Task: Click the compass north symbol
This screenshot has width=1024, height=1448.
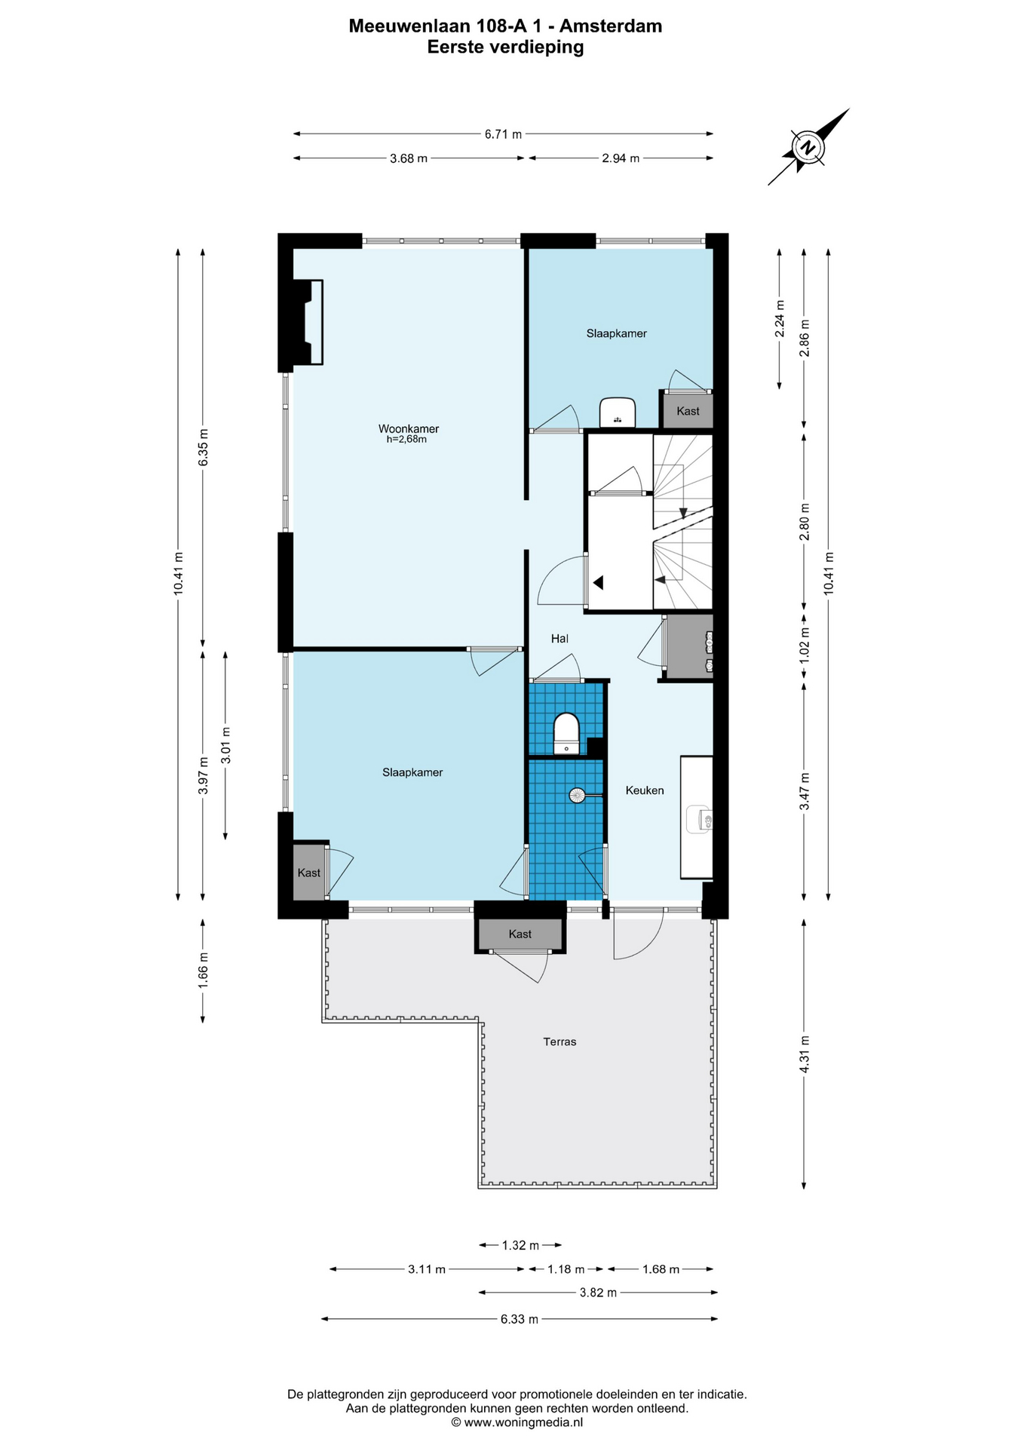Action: pyautogui.click(x=808, y=146)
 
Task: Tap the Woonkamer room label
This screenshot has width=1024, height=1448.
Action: pyautogui.click(x=408, y=428)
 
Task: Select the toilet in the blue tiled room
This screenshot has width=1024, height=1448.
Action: pyautogui.click(x=566, y=732)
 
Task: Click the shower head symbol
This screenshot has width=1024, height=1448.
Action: pyautogui.click(x=577, y=794)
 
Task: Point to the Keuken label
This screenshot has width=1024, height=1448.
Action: pyautogui.click(x=645, y=790)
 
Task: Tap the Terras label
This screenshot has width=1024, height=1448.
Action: pyautogui.click(x=560, y=1042)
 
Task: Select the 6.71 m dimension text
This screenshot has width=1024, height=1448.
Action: pyautogui.click(x=503, y=134)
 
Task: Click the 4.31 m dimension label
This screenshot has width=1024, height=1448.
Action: pyautogui.click(x=805, y=1054)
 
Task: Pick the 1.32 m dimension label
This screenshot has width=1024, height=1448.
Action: pyautogui.click(x=520, y=1245)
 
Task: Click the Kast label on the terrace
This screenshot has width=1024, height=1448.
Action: pyautogui.click(x=520, y=934)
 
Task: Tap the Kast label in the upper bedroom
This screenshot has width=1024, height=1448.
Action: pyautogui.click(x=688, y=411)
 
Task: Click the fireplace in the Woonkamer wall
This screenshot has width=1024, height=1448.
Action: pyautogui.click(x=309, y=323)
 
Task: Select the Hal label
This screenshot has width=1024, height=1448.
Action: pyautogui.click(x=560, y=639)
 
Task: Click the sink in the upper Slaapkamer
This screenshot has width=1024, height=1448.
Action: pyautogui.click(x=618, y=413)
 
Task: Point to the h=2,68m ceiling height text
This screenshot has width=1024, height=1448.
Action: pyautogui.click(x=406, y=440)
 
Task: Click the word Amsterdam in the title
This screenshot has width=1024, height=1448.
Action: pyautogui.click(x=612, y=26)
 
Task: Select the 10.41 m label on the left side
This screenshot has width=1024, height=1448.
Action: pyautogui.click(x=178, y=574)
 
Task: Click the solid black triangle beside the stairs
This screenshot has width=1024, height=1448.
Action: pyautogui.click(x=599, y=582)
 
